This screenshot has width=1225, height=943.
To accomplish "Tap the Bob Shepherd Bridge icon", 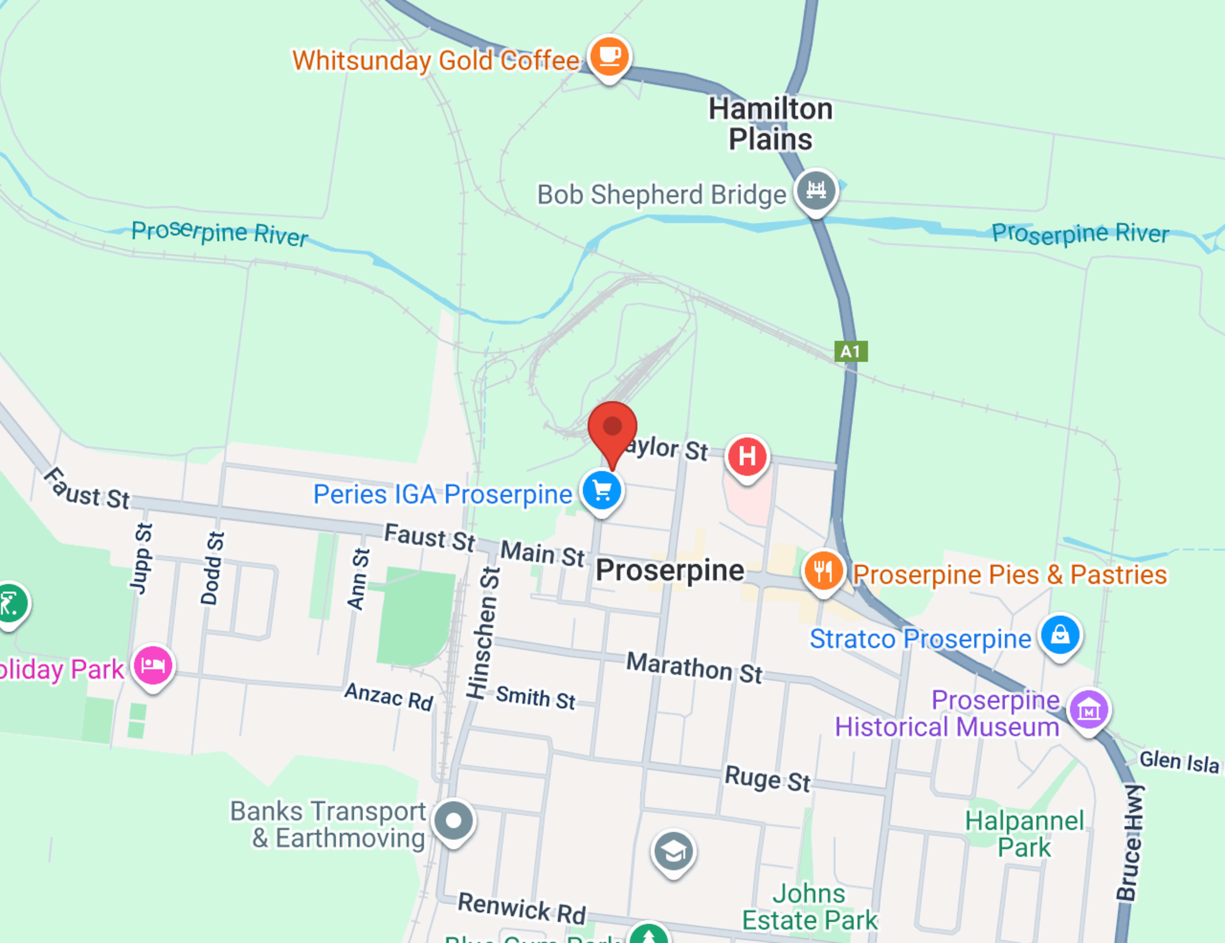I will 816,190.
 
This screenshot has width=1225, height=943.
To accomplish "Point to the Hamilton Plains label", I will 771,124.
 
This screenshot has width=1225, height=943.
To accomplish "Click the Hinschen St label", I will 484,633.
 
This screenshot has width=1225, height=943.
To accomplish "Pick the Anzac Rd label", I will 389,696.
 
